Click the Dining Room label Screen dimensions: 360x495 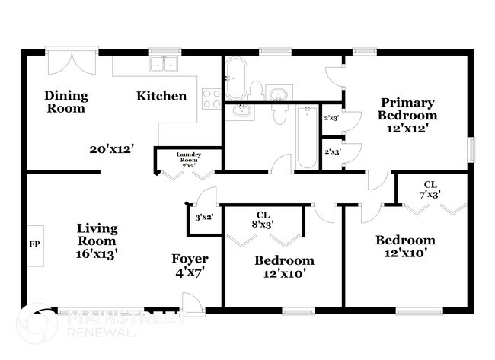tap(66, 102)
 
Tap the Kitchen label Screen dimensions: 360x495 tap(161, 97)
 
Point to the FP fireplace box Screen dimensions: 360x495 tap(34, 245)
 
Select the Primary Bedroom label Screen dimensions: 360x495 tap(407, 109)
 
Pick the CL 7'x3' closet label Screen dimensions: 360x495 tap(430, 189)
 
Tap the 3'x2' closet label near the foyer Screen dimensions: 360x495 tap(204, 217)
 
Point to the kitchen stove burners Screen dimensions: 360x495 tap(212, 97)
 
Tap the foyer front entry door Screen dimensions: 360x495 tap(194, 303)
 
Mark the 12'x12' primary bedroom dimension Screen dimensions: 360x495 tap(407, 129)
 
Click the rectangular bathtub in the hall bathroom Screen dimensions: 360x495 tap(307, 137)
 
